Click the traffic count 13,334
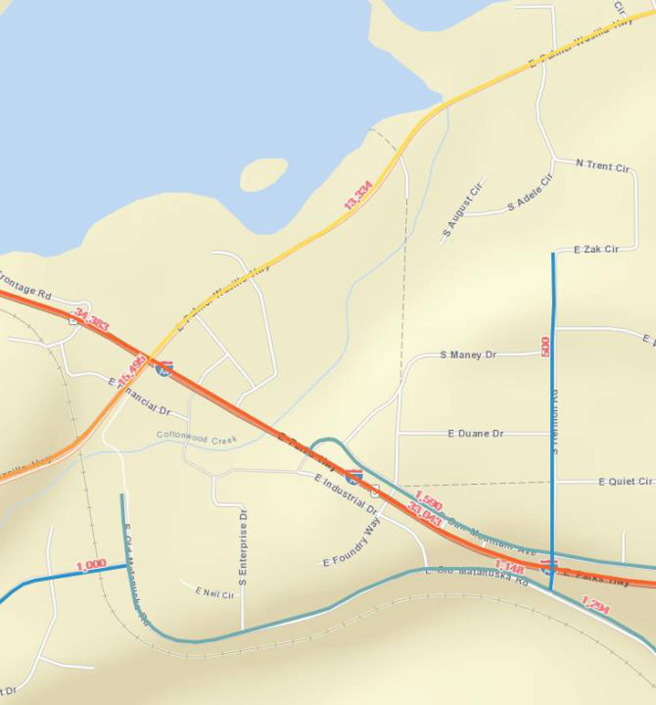coord(358,195)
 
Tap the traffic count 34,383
coord(91,320)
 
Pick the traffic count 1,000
coord(91,565)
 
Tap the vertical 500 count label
coord(545,347)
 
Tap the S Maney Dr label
coord(468,355)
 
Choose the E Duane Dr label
coord(476,433)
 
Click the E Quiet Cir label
coord(625,482)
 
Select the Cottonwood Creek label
coord(196,437)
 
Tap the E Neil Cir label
coord(215,593)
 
